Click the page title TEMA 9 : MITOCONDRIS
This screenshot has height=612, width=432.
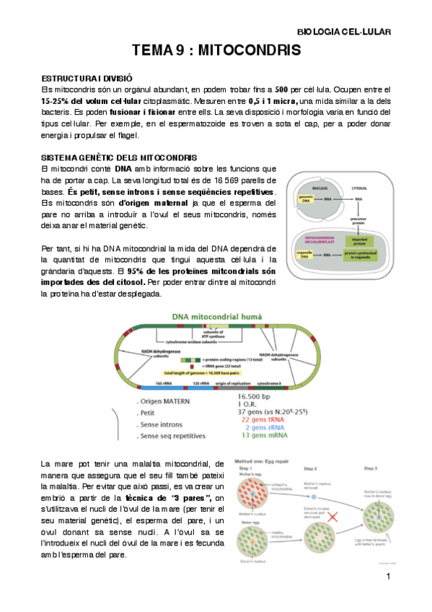(x=216, y=51)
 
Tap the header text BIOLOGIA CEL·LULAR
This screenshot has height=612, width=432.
(x=343, y=32)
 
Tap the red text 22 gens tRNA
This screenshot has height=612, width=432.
(x=264, y=419)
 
